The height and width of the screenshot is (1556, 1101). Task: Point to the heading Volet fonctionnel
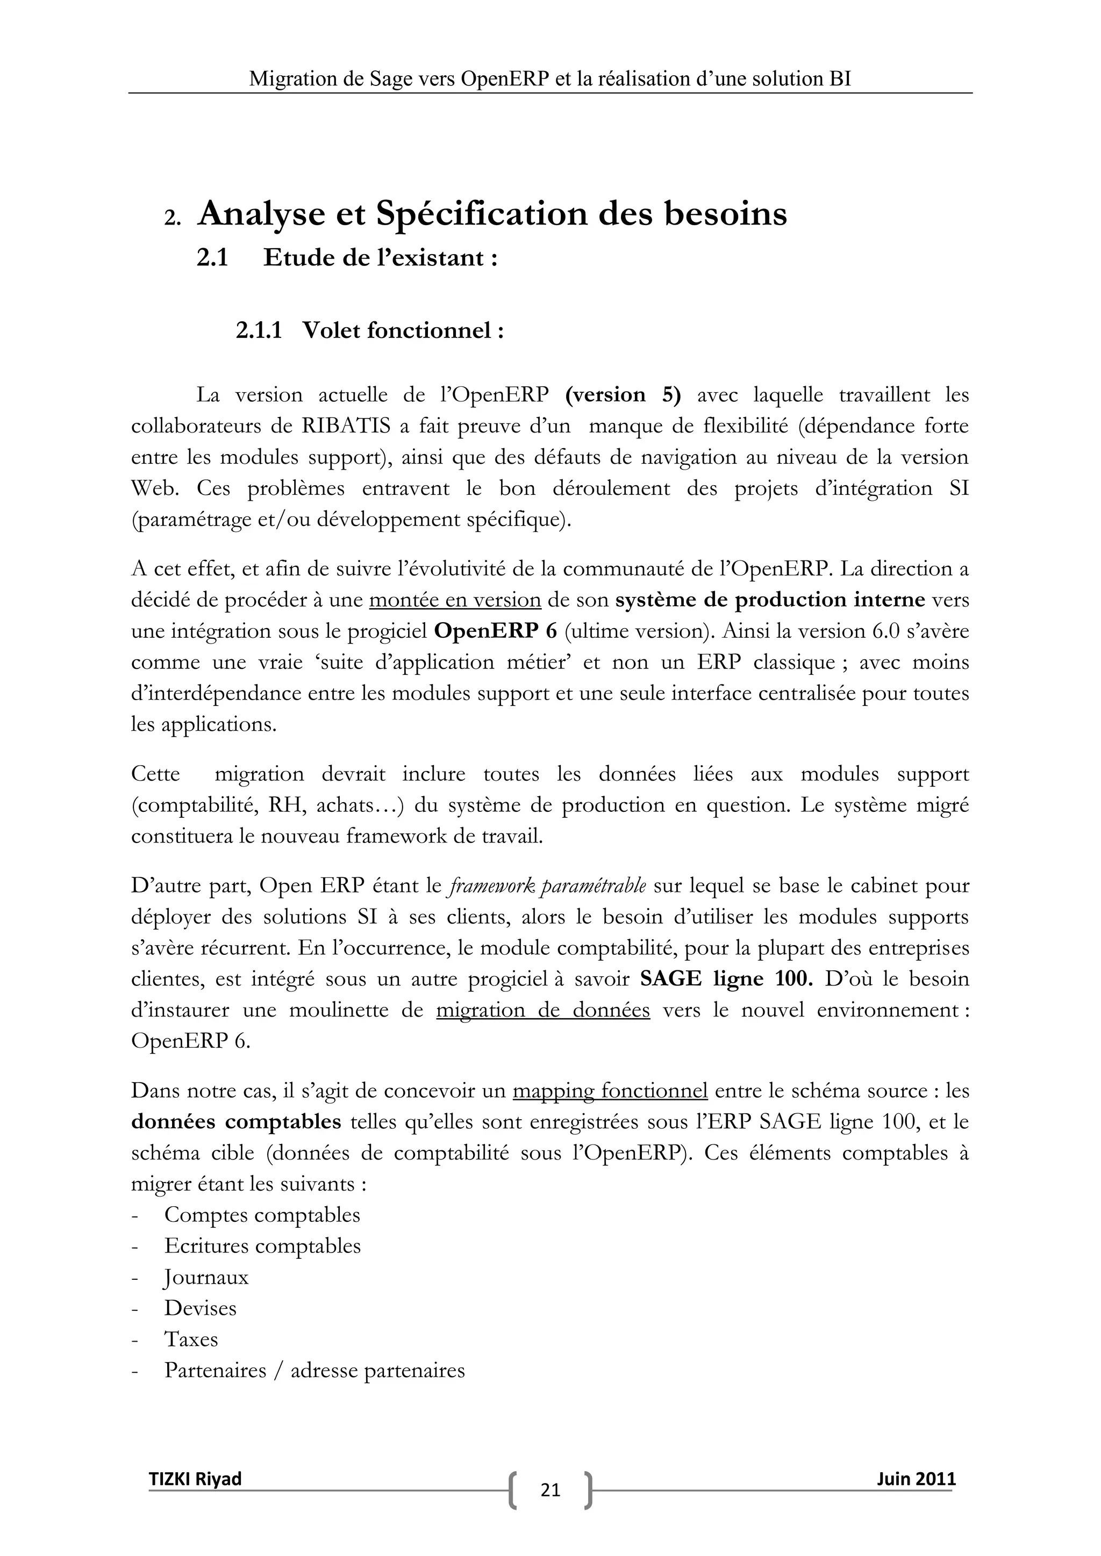point(403,331)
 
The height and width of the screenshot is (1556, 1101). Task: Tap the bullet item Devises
point(200,1308)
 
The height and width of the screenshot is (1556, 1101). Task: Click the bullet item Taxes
point(191,1339)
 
